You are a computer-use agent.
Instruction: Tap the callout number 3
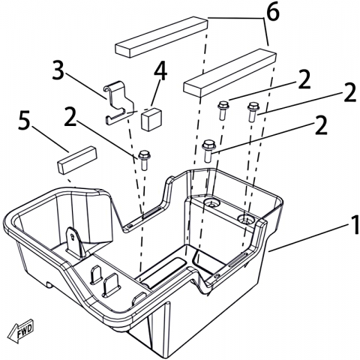58,70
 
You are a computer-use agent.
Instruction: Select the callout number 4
160,70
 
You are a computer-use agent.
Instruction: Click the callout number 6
272,12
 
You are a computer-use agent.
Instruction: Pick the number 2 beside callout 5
70,116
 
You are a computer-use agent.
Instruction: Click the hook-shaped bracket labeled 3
118,103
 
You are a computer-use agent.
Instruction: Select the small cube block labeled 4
151,119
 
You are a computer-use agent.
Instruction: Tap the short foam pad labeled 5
76,160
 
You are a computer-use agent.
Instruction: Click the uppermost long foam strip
161,37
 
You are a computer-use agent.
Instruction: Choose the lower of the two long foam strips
229,73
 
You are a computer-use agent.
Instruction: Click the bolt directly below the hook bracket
144,160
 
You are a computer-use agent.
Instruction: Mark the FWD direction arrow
20,331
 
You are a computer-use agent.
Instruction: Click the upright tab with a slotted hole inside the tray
73,242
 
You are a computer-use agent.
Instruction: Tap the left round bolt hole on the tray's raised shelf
211,203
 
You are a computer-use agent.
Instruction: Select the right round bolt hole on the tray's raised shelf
245,219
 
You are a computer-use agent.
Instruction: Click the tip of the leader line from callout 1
268,251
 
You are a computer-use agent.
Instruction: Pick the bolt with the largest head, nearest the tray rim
209,151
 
